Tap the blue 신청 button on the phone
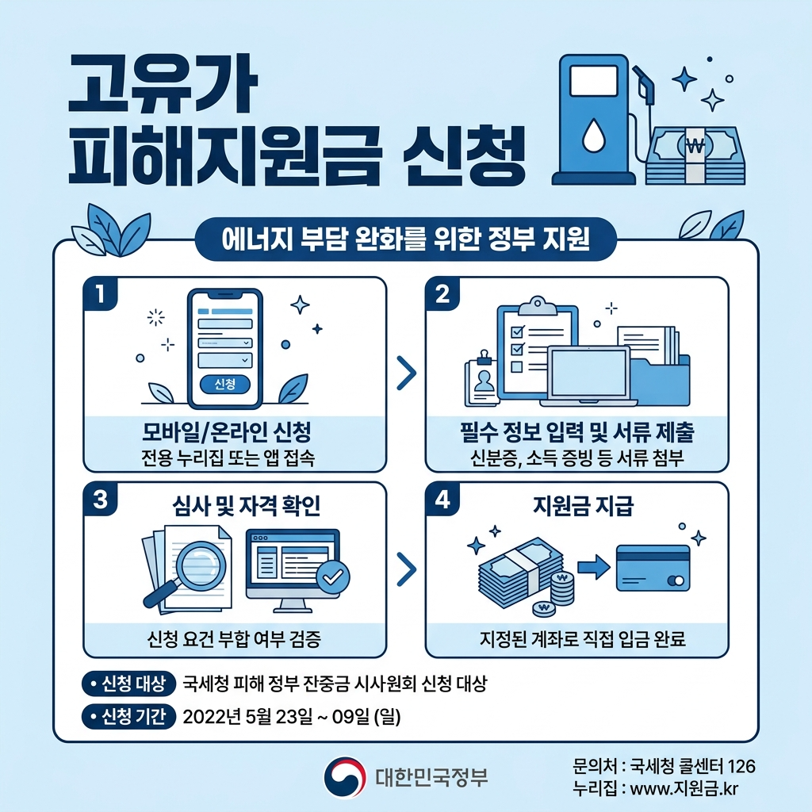[224, 384]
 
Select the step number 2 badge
[442, 294]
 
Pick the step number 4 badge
[442, 500]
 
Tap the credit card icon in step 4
[653, 568]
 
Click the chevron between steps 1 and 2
[405, 373]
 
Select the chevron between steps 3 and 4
[405, 568]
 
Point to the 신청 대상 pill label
[128, 684]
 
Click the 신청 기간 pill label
[128, 717]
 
